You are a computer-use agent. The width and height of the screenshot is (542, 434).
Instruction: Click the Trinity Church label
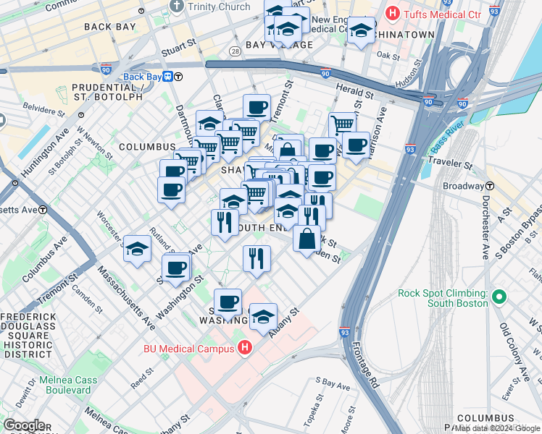(x=209, y=7)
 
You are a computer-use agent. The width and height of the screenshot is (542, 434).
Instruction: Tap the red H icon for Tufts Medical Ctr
(x=393, y=12)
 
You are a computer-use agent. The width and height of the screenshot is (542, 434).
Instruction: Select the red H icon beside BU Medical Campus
(x=245, y=348)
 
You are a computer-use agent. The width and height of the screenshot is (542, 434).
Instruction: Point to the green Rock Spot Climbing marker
(x=499, y=297)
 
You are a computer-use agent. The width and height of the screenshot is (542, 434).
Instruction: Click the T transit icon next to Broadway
(x=490, y=186)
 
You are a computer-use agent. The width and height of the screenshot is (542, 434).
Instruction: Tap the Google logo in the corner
(x=23, y=426)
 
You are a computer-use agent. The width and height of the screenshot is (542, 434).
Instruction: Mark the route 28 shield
(x=235, y=51)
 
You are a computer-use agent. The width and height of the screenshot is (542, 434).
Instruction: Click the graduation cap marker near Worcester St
(x=136, y=249)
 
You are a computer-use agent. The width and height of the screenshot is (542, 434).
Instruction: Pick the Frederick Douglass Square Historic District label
(x=28, y=336)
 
